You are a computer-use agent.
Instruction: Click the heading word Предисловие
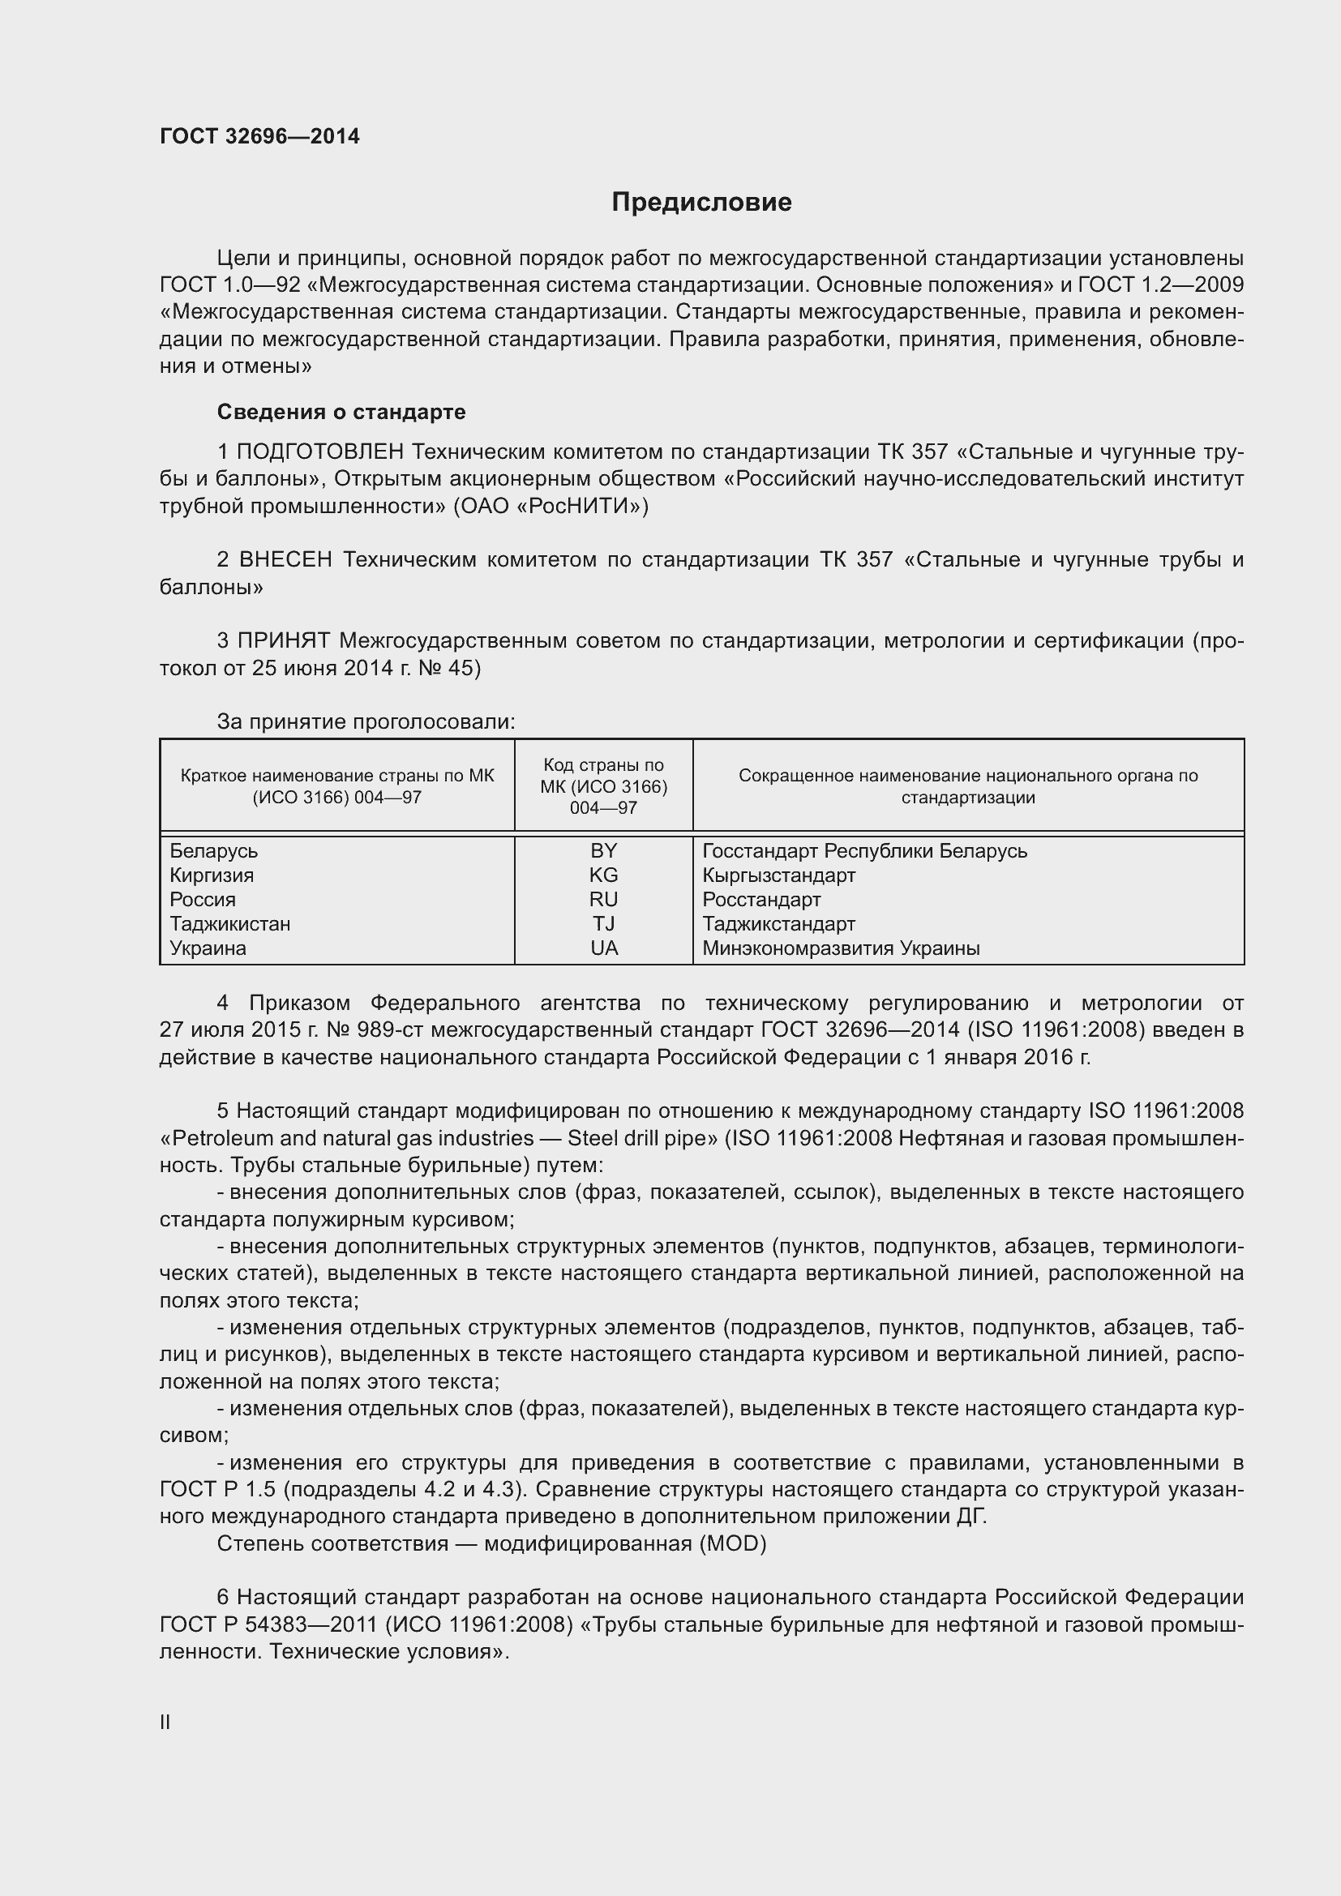[x=701, y=203]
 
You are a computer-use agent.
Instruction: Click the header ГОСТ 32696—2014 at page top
[x=259, y=137]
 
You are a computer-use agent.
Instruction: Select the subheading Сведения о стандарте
[x=341, y=412]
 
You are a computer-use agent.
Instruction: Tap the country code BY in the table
[x=604, y=850]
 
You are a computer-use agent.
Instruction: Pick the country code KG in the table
[x=604, y=875]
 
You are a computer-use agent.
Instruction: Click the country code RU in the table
[x=604, y=899]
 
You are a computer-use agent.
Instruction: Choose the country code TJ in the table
[x=604, y=924]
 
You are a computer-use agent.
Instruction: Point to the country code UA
[x=604, y=948]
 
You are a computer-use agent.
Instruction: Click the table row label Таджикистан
[x=229, y=924]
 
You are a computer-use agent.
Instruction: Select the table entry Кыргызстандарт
[x=778, y=875]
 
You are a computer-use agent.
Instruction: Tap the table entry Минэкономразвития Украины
[x=841, y=948]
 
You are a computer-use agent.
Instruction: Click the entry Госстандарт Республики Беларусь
[x=864, y=850]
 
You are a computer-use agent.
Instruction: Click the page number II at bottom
[x=165, y=1723]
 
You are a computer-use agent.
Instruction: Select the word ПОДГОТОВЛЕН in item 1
[x=320, y=452]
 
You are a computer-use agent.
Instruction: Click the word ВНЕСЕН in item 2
[x=285, y=560]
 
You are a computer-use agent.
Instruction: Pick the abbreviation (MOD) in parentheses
[x=732, y=1543]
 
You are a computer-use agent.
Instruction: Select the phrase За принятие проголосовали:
[x=366, y=721]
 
